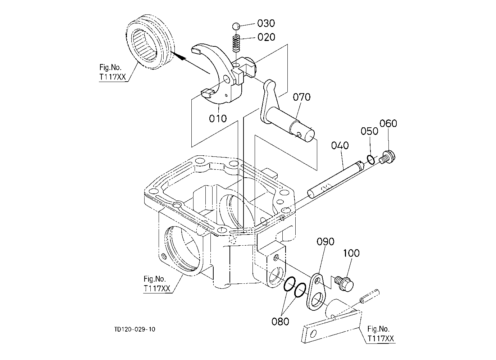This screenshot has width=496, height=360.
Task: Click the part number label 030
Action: coord(266,23)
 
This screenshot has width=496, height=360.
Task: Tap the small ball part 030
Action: coord(236,27)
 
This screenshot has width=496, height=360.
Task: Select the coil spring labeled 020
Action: coord(236,43)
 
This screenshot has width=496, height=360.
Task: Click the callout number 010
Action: coord(218,119)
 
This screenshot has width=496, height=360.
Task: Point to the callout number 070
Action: coord(301,97)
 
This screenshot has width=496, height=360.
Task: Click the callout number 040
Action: coord(340,145)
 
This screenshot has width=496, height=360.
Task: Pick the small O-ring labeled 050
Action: coord(371,160)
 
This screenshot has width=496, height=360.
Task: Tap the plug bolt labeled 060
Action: coord(387,157)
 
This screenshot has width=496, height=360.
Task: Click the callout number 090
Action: coord(325,242)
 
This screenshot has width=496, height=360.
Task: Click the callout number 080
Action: coord(280,322)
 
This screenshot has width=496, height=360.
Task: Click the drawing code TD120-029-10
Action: coord(135,329)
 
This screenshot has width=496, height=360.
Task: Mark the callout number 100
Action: coord(351,253)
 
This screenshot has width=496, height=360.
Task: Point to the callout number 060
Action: coord(388,124)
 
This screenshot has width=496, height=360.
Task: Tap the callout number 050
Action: coord(369,131)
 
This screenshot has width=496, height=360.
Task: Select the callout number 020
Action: coord(266,37)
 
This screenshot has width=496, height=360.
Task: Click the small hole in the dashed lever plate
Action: coord(313,334)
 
